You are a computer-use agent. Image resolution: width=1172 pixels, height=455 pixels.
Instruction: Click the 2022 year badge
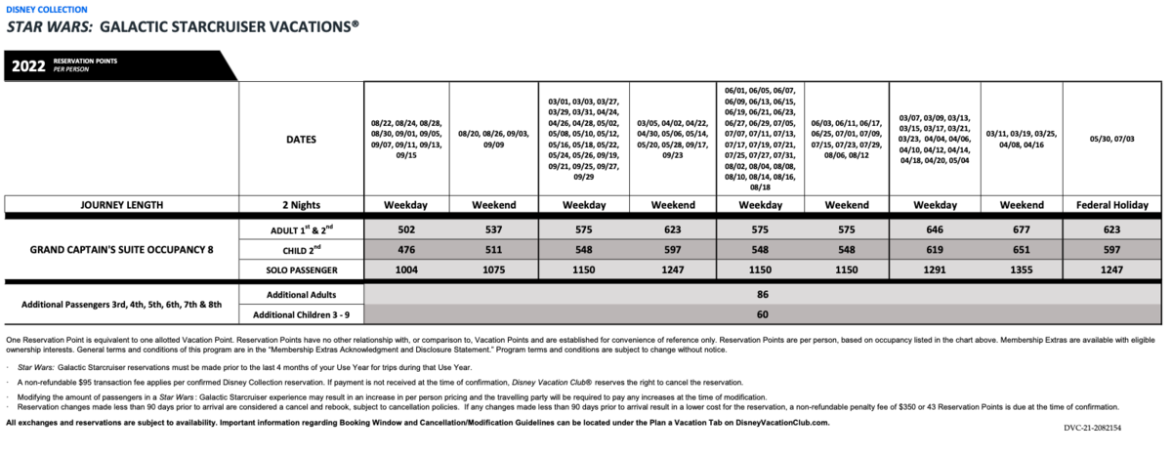pos(29,66)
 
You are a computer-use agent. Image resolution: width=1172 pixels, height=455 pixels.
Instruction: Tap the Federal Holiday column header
pos(1110,205)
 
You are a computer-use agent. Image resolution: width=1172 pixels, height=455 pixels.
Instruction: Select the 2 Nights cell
pos(300,205)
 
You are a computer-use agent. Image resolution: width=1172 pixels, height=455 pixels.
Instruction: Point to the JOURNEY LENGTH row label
pos(123,205)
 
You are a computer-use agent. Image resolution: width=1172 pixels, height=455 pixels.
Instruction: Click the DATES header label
pos(300,139)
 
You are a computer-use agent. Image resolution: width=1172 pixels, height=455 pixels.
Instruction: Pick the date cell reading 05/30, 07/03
pos(1110,139)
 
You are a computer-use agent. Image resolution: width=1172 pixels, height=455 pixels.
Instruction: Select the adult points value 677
pos(1023,228)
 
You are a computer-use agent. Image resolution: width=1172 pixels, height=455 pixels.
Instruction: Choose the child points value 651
pos(1023,249)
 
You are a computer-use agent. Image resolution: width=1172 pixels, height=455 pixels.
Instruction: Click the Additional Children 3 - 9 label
pos(300,314)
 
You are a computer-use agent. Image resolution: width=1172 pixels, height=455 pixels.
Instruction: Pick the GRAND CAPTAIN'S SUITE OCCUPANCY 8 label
pos(123,249)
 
